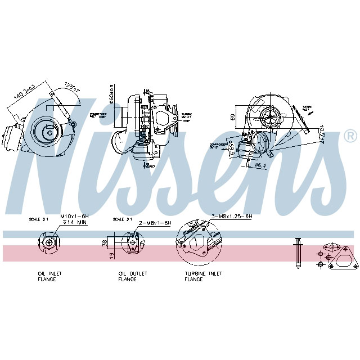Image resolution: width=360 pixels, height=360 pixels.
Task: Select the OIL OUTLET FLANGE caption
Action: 132,276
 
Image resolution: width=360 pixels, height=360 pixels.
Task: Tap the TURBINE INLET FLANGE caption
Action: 203,276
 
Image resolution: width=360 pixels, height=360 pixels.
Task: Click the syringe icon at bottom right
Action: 298,253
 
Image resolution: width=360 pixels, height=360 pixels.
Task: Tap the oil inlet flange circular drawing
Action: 50,243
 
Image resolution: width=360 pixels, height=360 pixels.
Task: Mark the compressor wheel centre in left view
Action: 49,133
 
